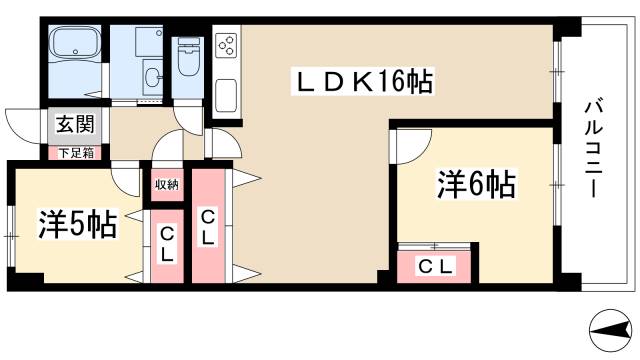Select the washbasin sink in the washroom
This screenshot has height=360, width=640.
click(x=153, y=75)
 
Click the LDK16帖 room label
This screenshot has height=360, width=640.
click(x=361, y=81)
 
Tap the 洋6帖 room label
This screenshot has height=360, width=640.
click(x=475, y=184)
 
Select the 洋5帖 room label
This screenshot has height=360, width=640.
click(x=77, y=222)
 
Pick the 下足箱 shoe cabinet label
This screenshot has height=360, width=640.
click(x=74, y=153)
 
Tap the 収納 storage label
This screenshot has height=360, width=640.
click(x=166, y=184)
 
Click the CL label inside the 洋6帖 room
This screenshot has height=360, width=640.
click(x=437, y=266)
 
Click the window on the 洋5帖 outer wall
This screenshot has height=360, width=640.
click(x=11, y=236)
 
